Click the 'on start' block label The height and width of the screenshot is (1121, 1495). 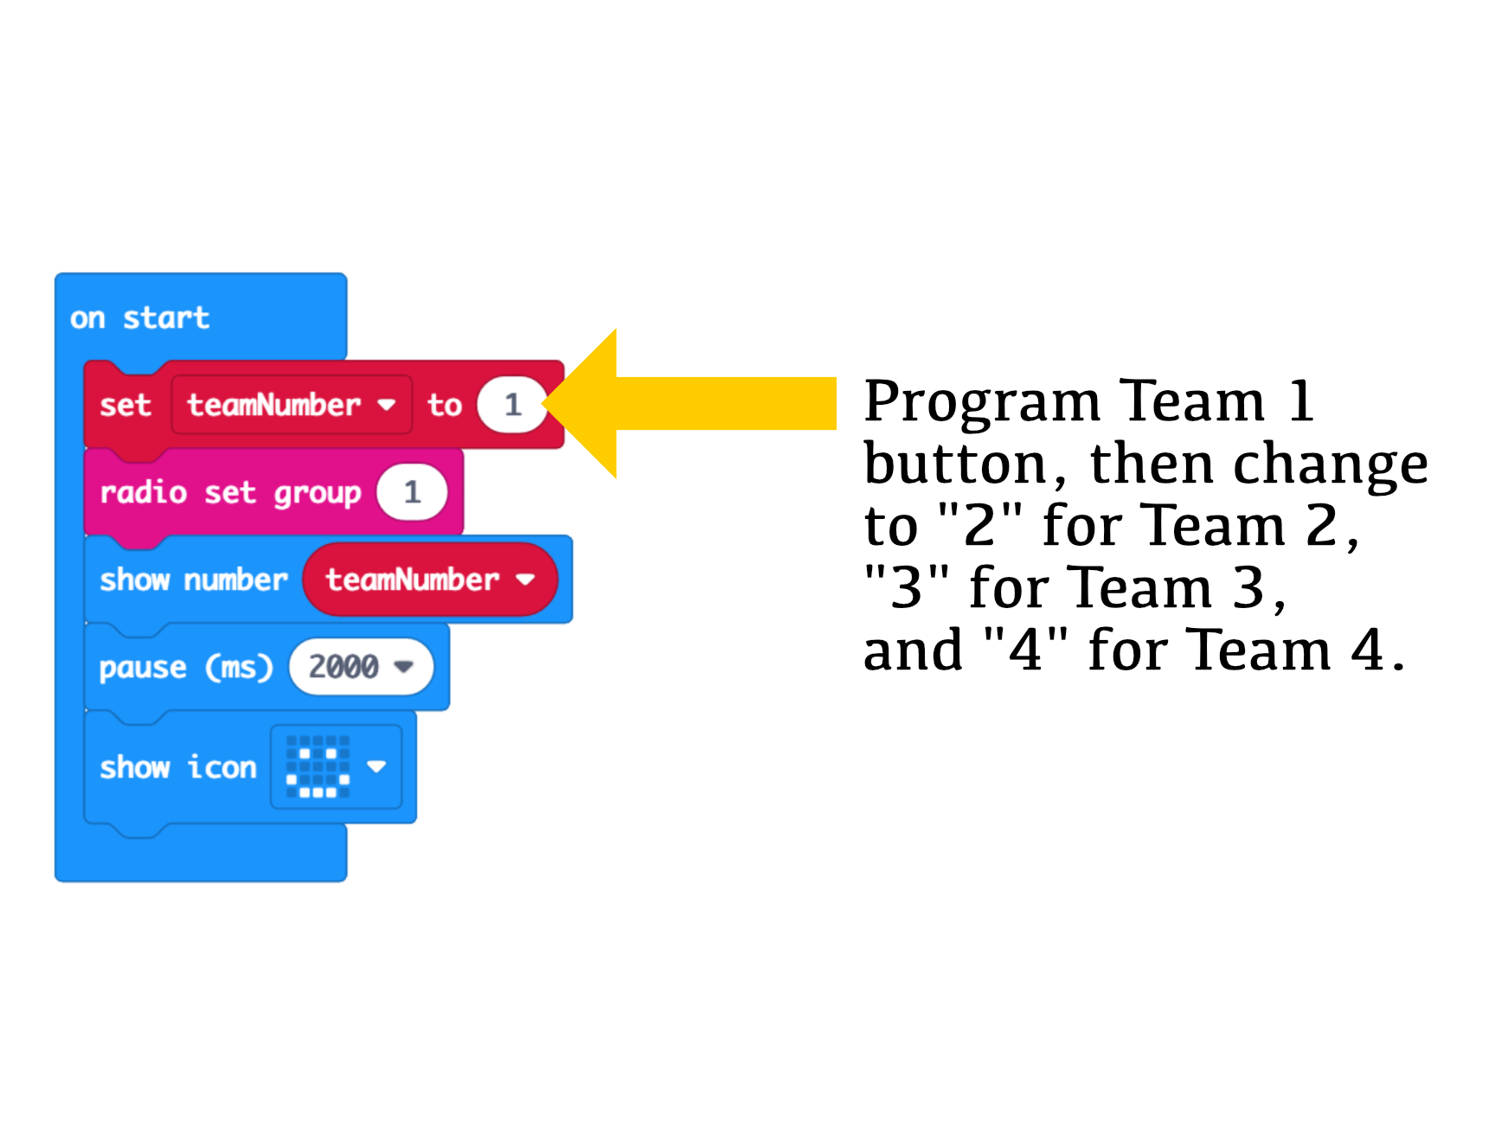tap(139, 317)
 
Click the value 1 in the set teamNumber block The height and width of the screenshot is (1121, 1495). tap(512, 404)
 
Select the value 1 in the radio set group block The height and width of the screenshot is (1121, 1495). tap(412, 492)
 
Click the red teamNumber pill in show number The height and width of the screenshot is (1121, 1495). tap(429, 579)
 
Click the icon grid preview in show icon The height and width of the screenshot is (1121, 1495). tap(318, 766)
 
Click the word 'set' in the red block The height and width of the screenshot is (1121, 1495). tap(125, 405)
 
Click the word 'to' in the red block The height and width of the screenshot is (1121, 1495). tap(444, 405)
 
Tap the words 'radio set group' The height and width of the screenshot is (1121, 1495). tap(229, 493)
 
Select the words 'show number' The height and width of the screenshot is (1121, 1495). tap(193, 580)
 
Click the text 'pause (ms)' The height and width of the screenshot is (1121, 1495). tap(185, 667)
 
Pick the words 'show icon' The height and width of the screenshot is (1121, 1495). tap(177, 767)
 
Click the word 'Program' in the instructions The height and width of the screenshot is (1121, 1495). tap(981, 403)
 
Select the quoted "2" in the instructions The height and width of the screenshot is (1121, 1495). tap(979, 526)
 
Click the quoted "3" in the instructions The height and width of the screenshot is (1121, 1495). tap(907, 588)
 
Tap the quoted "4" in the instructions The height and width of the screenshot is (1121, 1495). tap(1026, 650)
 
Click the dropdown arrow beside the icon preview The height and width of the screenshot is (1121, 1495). tap(376, 766)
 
